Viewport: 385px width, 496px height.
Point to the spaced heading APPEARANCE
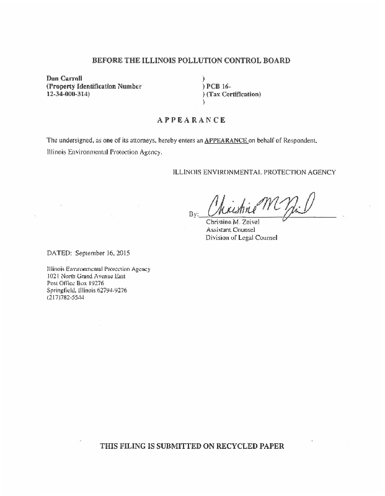191,120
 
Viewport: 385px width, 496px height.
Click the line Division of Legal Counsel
241,237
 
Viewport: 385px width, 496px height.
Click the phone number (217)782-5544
65,298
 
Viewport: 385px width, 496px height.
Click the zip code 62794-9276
111,290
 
